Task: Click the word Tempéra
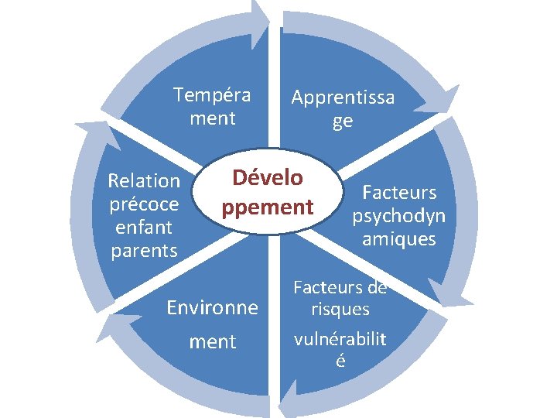(212, 95)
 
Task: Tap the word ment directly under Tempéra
(212, 118)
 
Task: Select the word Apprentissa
(343, 98)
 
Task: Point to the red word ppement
(268, 207)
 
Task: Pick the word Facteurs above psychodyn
(399, 192)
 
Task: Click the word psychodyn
(399, 215)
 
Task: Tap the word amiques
(399, 239)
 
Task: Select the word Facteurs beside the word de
(328, 288)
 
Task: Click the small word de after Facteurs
(378, 288)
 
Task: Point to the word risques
(340, 310)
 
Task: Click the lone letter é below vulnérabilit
(340, 361)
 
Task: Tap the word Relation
(144, 181)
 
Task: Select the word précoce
(144, 204)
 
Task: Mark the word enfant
(144, 228)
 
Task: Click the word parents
(144, 251)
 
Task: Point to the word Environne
(213, 308)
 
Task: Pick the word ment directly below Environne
(213, 341)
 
